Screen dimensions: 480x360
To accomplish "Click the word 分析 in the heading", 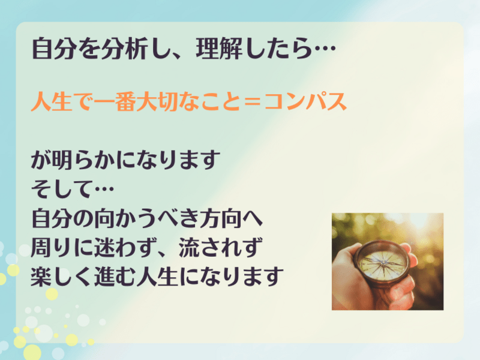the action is tap(125, 49).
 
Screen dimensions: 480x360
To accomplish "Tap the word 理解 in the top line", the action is tap(219, 49).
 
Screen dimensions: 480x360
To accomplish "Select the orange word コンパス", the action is tap(305, 101).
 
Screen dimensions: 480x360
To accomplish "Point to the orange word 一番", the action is tap(115, 101).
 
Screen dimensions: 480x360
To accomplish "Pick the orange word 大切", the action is tap(157, 101).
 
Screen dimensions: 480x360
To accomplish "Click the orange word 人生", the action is tap(52, 101).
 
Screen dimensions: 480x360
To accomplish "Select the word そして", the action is tap(62, 188).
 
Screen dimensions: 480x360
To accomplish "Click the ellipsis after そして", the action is tap(104, 188).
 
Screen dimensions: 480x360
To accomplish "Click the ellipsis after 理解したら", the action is tap(325, 49).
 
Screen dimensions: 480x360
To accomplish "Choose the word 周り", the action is tap(52, 247).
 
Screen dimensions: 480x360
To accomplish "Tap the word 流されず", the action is tap(220, 247).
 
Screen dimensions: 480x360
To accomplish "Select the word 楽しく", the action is tap(62, 277).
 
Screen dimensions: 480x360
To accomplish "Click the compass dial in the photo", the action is tap(382, 264).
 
